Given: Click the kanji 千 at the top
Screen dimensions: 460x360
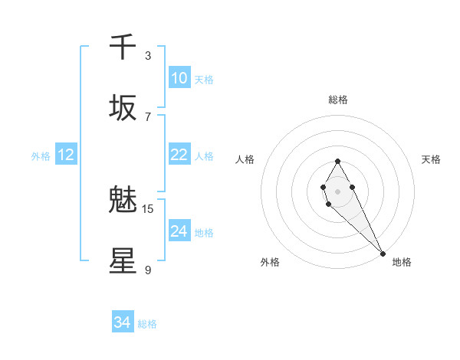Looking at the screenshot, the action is point(123,47).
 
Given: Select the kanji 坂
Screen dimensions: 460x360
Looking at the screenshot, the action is point(123,108).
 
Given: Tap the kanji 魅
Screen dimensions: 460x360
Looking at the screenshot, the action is point(123,201).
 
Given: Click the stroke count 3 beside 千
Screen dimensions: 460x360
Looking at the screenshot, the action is point(148,55).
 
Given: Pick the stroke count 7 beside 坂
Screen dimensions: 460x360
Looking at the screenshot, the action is point(148,116).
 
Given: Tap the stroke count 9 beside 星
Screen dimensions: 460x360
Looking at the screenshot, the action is point(148,270).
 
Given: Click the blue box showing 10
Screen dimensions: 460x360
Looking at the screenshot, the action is point(179,78).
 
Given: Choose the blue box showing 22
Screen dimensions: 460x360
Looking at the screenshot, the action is point(179,155).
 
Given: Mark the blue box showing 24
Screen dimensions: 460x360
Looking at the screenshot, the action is point(179,231).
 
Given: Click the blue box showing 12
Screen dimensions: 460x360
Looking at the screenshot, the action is point(66,155).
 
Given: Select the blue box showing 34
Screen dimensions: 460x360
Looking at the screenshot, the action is point(123,323).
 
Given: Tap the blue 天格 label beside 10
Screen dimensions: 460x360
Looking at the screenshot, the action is point(204,80).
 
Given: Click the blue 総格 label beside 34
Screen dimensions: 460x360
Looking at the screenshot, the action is point(147,324).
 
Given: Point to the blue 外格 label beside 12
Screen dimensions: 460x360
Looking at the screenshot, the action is point(41,156).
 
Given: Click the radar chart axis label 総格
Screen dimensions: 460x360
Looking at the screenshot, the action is point(338,100).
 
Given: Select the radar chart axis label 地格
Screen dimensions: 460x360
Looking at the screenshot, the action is point(402,262).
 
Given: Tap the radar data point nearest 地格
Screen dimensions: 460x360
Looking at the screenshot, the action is point(383,253).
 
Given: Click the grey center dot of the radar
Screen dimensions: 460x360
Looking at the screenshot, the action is point(337,190).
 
